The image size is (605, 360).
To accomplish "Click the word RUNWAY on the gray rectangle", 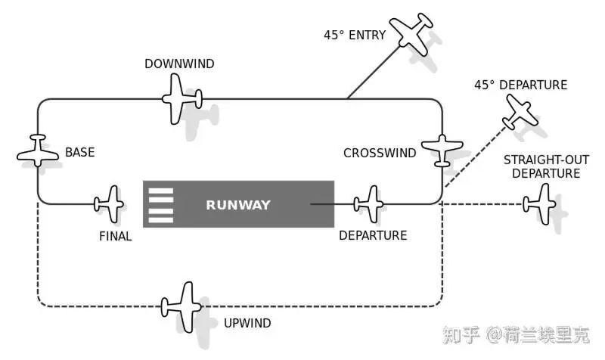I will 238,205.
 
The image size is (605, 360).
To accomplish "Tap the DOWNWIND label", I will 179,64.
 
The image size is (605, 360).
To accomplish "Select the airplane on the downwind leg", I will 181,99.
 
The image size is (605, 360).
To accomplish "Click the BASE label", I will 79,153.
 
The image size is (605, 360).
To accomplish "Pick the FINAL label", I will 116,236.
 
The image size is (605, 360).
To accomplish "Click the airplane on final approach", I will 110,203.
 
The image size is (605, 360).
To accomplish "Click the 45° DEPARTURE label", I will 520,85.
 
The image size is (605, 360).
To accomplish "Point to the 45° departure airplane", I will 520,113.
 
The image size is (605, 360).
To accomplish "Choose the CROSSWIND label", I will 380,153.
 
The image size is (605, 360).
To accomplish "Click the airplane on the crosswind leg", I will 441,149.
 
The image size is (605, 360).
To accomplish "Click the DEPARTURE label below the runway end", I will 373,235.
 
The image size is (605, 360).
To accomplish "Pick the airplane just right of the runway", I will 370,203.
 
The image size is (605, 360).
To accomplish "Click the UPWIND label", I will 247,324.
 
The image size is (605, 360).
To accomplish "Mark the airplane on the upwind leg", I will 182,306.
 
